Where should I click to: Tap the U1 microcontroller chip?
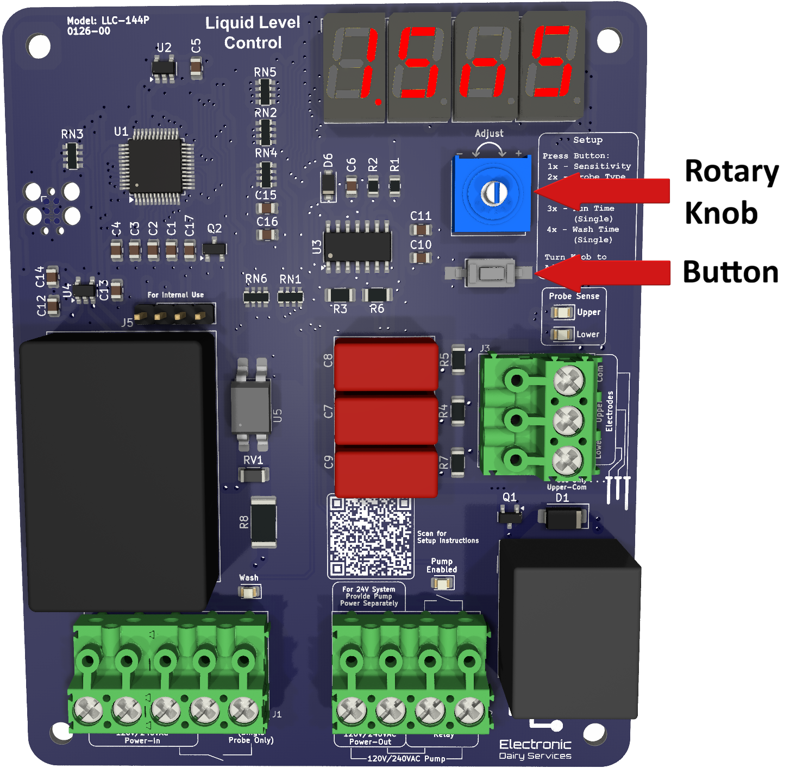point(155,166)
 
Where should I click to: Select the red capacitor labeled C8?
point(386,364)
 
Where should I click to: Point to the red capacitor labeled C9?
point(386,471)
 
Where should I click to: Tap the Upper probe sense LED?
point(562,312)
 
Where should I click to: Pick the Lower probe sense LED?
point(562,334)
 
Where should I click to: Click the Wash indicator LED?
point(249,592)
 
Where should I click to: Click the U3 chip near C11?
point(357,247)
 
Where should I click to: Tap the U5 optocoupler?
point(251,405)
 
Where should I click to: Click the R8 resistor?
point(264,522)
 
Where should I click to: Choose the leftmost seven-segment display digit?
point(354,67)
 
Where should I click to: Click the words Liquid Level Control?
point(253,33)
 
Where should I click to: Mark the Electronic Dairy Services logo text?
point(535,749)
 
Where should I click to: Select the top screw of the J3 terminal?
point(568,379)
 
